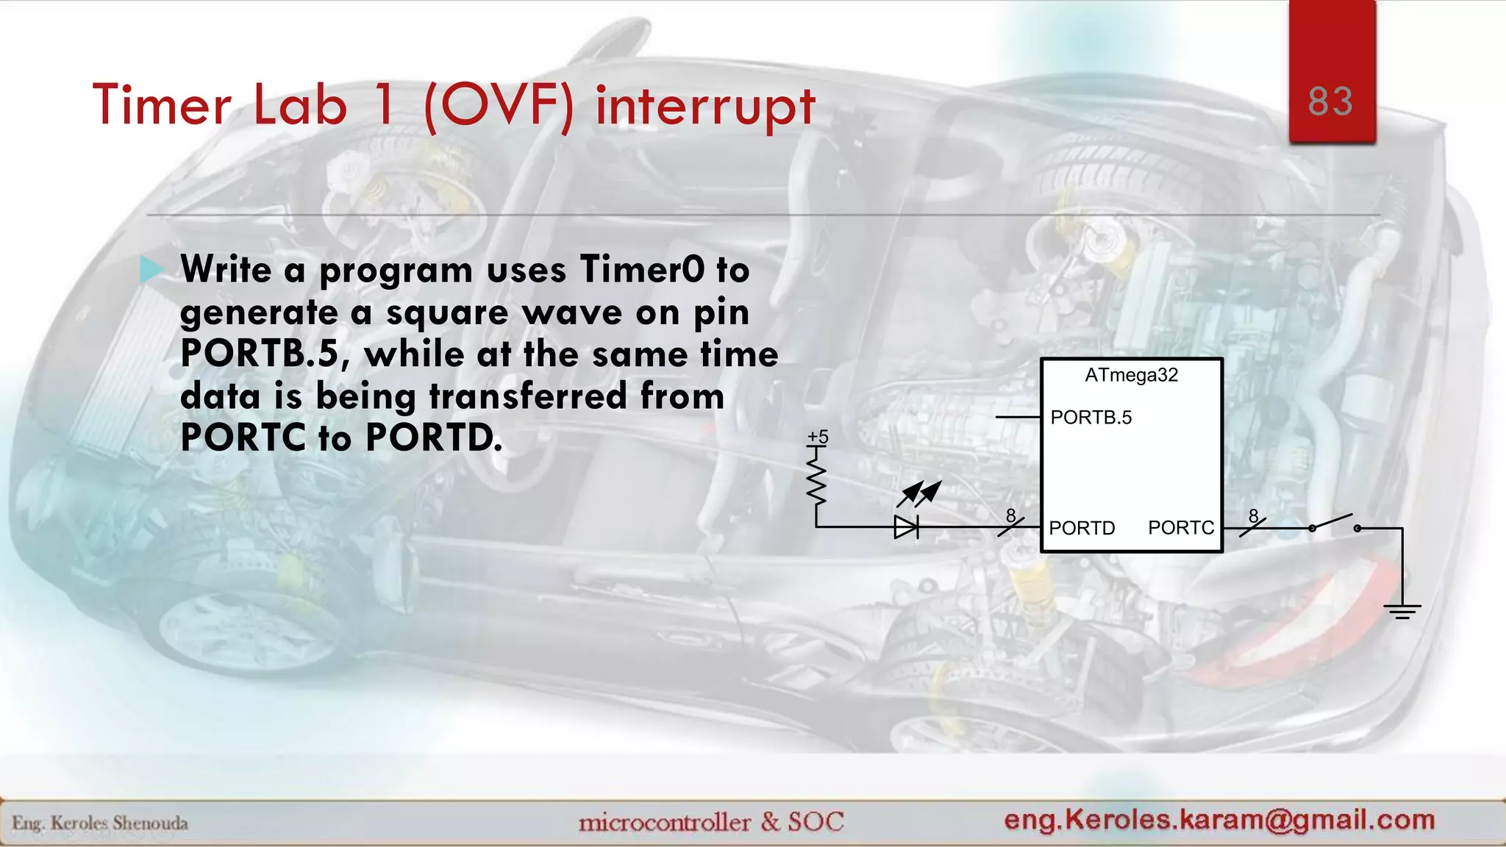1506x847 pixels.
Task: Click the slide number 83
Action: (x=1330, y=101)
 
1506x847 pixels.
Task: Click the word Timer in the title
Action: (x=162, y=105)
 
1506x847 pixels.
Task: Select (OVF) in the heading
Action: (x=499, y=107)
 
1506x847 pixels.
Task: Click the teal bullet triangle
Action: (x=151, y=269)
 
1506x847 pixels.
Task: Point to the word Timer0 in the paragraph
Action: (x=642, y=269)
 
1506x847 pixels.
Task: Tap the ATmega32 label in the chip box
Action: (x=1131, y=375)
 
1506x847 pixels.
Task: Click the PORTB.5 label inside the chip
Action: (x=1091, y=418)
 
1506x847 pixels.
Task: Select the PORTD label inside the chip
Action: (x=1082, y=528)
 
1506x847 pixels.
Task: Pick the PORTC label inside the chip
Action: (x=1180, y=528)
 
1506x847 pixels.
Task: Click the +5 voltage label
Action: (x=818, y=437)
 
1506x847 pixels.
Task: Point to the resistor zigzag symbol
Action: (x=816, y=482)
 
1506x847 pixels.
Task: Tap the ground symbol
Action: (x=1402, y=610)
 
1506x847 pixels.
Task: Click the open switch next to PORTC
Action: (x=1334, y=523)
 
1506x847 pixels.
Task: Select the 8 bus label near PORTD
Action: (x=1011, y=516)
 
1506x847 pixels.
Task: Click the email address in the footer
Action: (x=1219, y=819)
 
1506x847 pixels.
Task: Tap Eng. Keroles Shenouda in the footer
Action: (x=100, y=823)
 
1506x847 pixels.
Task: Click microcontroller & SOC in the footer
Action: (x=711, y=821)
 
